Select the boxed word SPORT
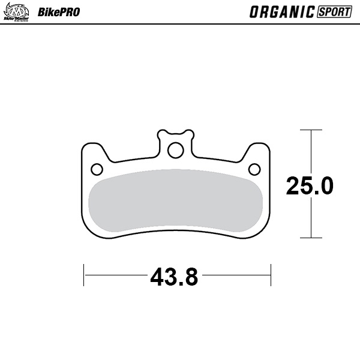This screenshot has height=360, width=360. pos(334,11)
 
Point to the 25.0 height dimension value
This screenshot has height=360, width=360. pos(310,186)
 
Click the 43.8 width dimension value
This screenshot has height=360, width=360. pos(174,277)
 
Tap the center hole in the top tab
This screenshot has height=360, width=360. pos(175,149)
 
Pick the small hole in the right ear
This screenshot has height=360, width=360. pos(253,168)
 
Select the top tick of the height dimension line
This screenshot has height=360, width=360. pos(311,130)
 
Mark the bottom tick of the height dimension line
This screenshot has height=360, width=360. pos(311,238)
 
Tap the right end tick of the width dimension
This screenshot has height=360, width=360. pos(272,275)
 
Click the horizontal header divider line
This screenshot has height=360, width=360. pos(180,24)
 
